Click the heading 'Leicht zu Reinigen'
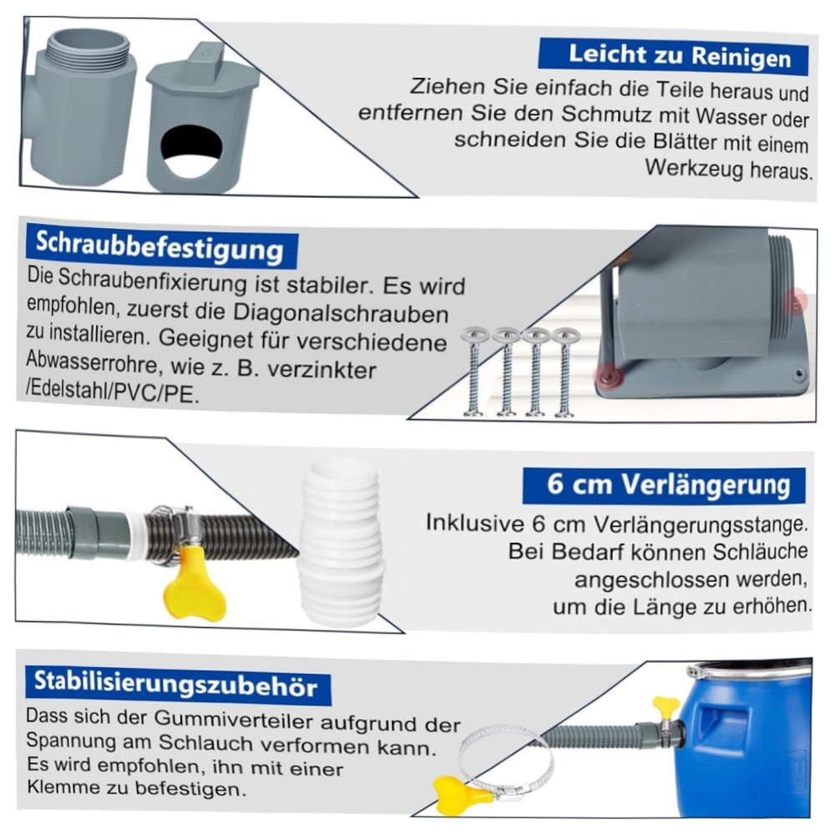[x=674, y=56]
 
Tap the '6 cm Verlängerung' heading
[x=665, y=484]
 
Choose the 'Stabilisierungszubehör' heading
[x=175, y=684]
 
